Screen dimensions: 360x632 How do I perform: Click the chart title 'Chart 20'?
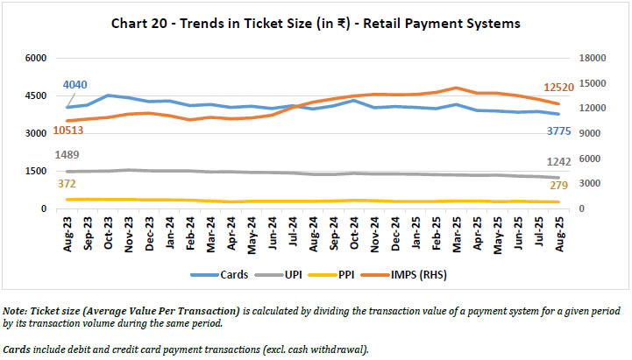click(x=315, y=24)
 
